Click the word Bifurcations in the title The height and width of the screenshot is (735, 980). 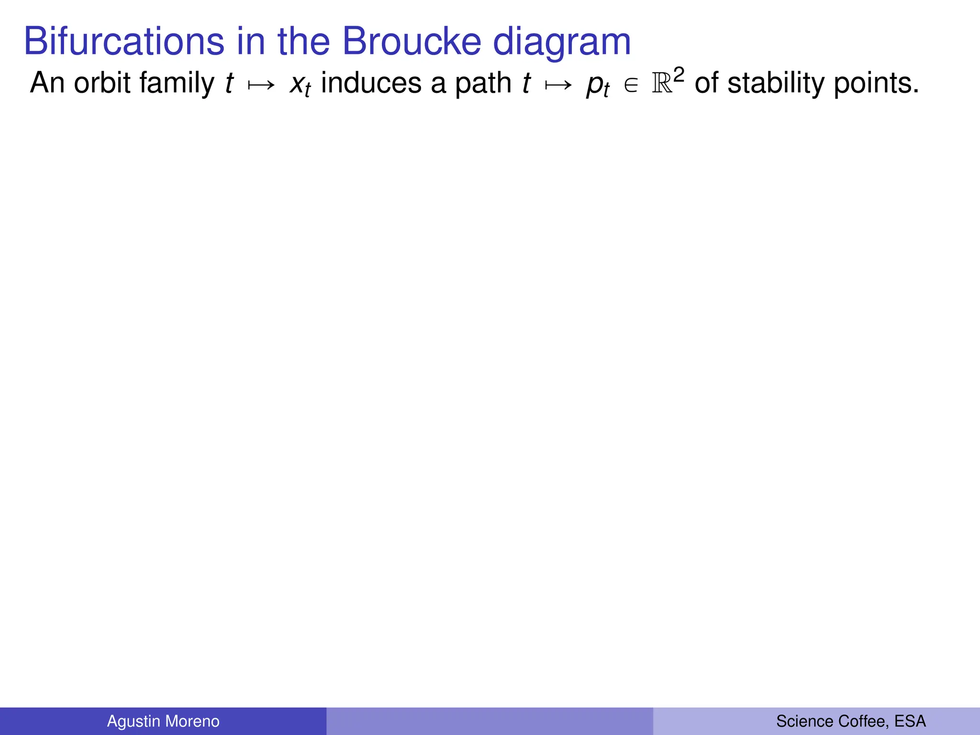click(x=124, y=41)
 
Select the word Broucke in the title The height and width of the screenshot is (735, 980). click(x=412, y=41)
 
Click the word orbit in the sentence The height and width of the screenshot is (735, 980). click(x=102, y=83)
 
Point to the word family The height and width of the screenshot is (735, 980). click(x=177, y=84)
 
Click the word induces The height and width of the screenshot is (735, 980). click(x=371, y=83)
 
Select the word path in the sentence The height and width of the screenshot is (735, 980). click(x=483, y=84)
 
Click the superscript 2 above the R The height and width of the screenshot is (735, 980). click(x=679, y=75)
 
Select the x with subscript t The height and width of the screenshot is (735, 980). click(x=300, y=85)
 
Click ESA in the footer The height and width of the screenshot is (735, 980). click(x=910, y=721)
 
